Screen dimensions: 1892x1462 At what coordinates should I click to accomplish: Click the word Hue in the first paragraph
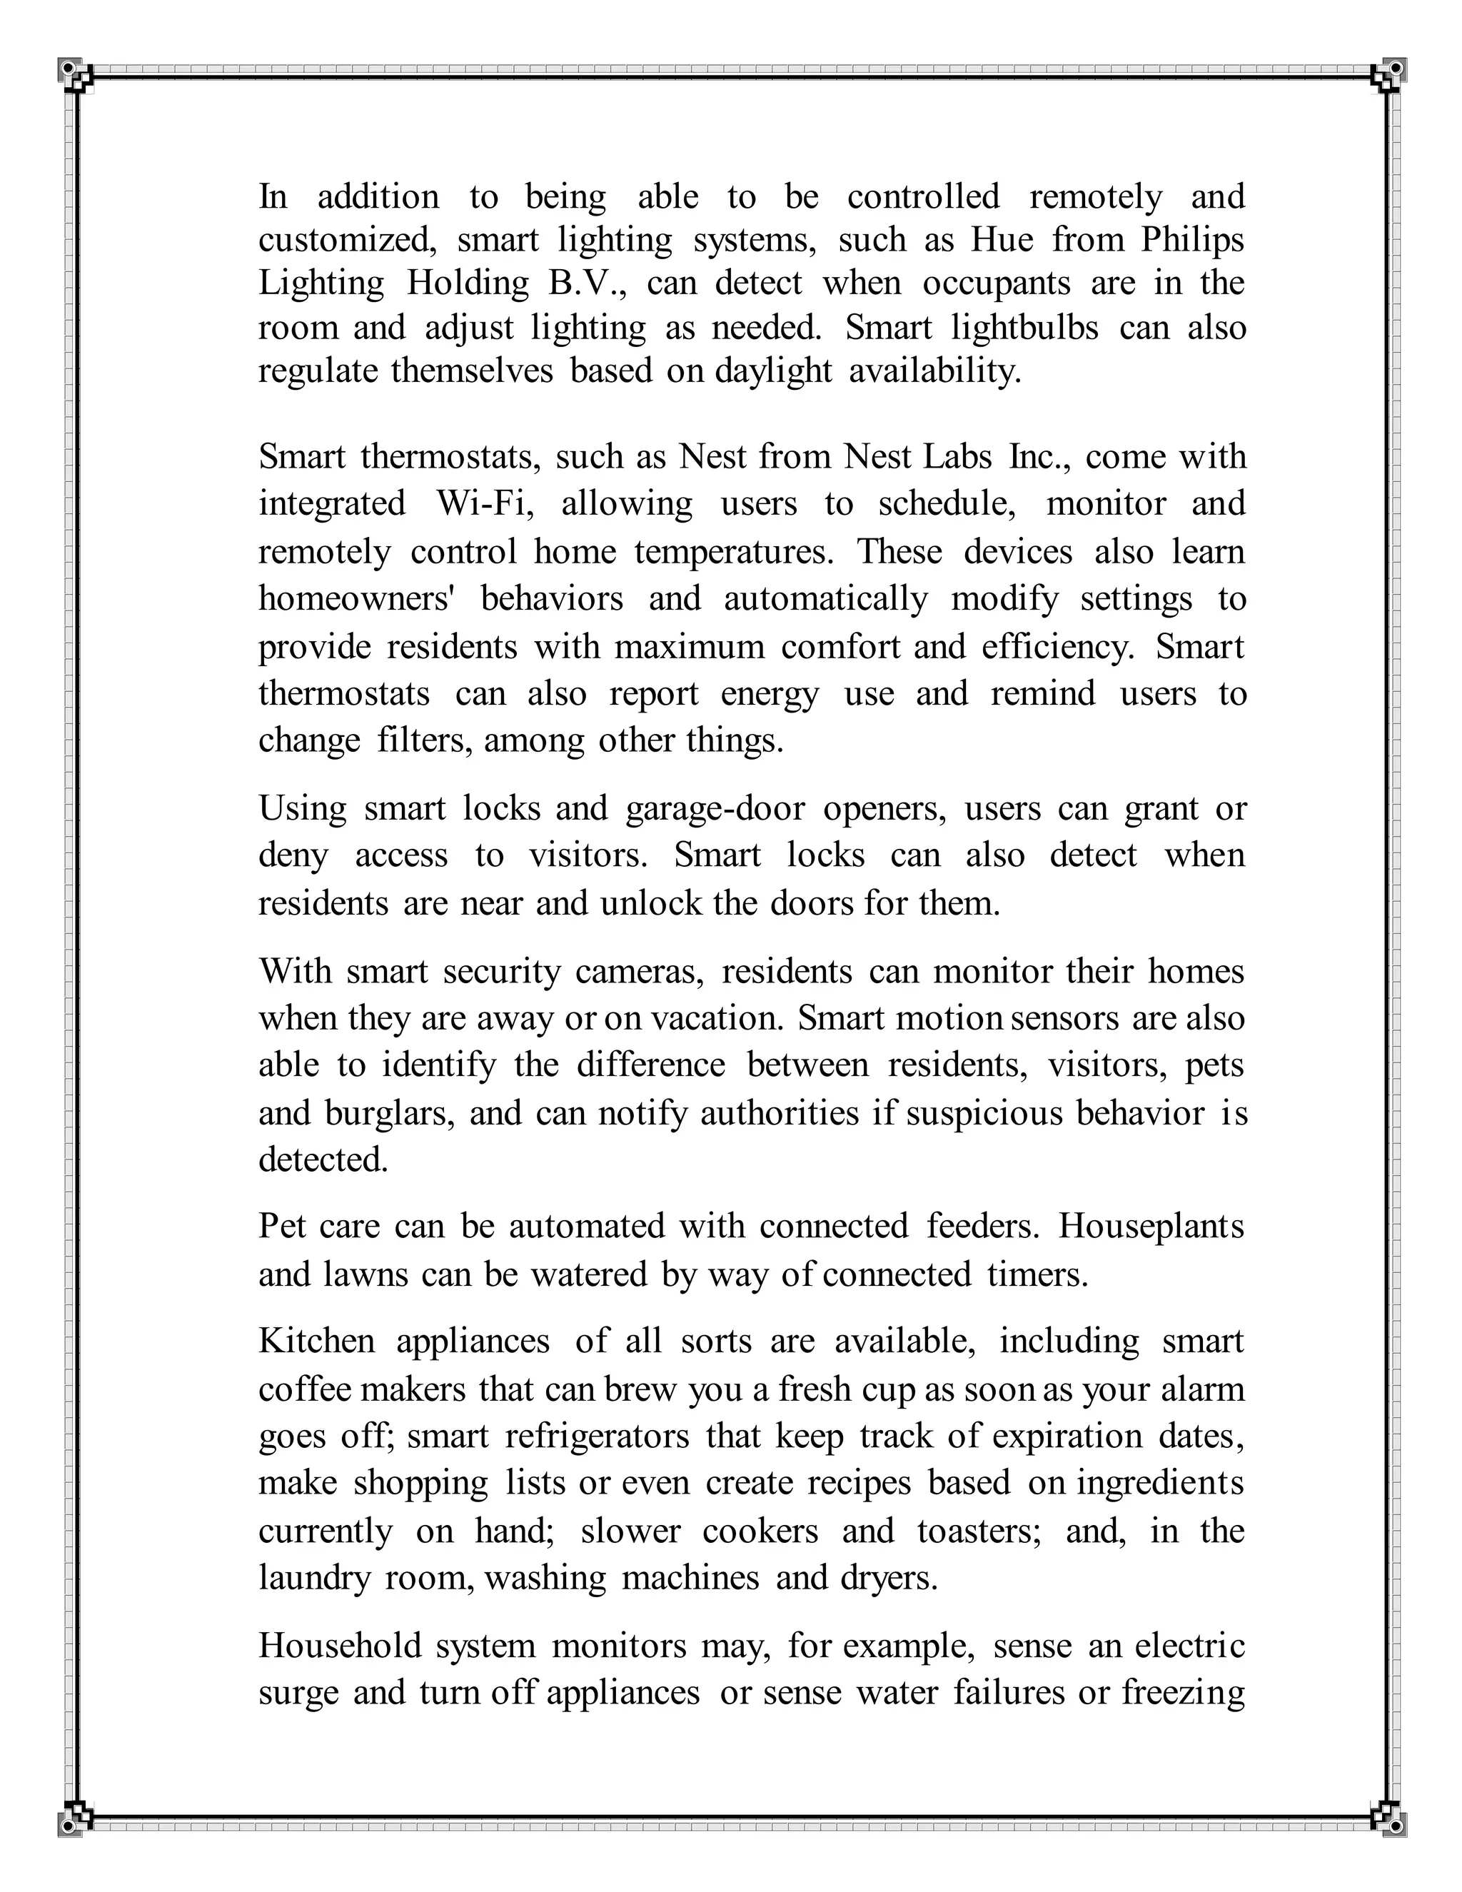coord(1002,240)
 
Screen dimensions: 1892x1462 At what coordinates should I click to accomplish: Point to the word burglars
coord(389,1113)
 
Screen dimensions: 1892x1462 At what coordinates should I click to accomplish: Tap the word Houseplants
coord(1151,1227)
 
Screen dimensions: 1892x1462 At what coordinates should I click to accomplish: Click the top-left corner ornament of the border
coord(72,72)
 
